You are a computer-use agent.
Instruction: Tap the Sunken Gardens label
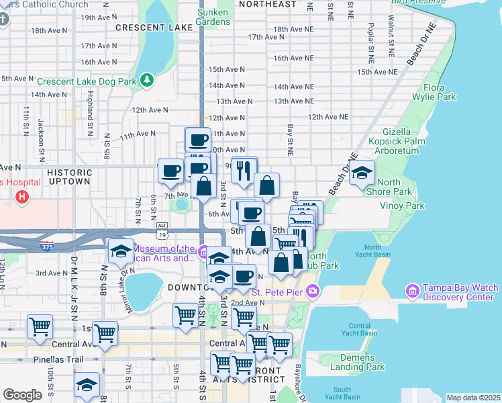pos(213,17)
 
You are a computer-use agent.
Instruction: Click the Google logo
pos(22,395)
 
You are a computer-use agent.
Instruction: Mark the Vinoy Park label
pos(402,206)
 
